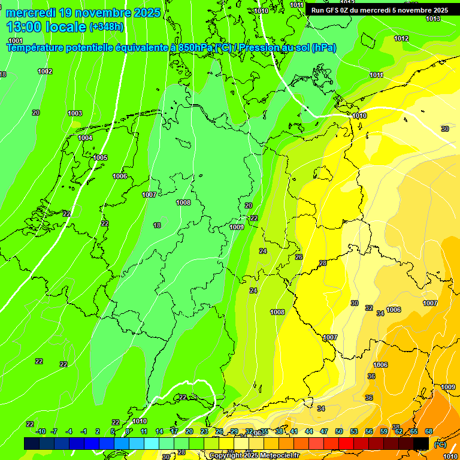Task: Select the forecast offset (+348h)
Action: click(x=108, y=27)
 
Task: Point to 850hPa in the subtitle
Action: click(x=196, y=47)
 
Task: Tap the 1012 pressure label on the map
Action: click(x=401, y=38)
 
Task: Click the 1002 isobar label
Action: click(x=45, y=71)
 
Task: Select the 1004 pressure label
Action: click(x=85, y=138)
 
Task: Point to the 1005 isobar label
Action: click(x=100, y=158)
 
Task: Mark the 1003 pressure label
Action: click(x=75, y=113)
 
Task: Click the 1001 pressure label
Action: click(x=16, y=40)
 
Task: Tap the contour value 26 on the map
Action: click(x=299, y=257)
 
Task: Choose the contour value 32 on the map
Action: click(x=369, y=308)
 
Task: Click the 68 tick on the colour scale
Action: click(x=429, y=431)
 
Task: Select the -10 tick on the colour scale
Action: click(x=41, y=431)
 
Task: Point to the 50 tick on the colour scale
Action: click(x=339, y=431)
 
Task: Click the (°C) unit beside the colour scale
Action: click(x=439, y=444)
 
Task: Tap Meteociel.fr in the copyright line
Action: click(x=277, y=456)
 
